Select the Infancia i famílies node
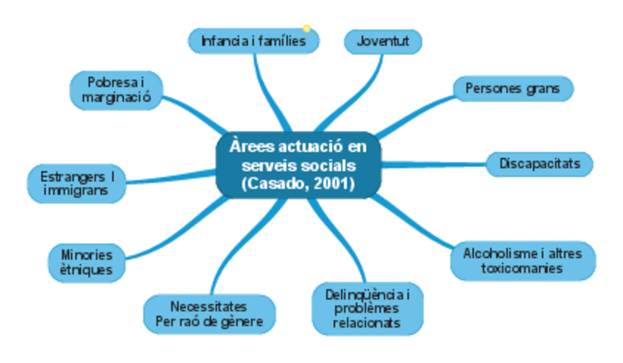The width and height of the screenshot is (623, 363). [x=253, y=41]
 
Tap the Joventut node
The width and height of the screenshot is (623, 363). [x=383, y=41]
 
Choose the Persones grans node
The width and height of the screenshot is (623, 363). [x=512, y=89]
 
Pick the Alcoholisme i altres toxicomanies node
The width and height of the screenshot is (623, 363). [x=522, y=261]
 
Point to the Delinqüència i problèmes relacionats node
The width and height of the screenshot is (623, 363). [x=367, y=309]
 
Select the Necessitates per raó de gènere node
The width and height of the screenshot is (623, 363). [x=209, y=314]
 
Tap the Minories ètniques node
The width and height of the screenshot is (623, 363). [x=86, y=262]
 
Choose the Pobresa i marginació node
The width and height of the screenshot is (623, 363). [x=116, y=90]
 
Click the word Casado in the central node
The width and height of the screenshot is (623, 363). [x=271, y=184]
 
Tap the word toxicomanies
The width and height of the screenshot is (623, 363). [x=522, y=268]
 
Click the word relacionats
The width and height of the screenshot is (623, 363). [x=367, y=323]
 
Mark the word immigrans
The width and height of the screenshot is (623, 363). [x=76, y=191]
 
